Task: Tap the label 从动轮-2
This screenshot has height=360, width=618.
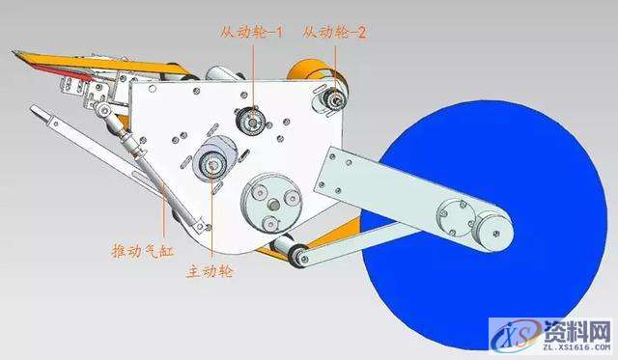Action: click(x=334, y=31)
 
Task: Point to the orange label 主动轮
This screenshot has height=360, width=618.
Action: click(x=211, y=271)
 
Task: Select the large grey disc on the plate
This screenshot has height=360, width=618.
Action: click(x=268, y=200)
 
